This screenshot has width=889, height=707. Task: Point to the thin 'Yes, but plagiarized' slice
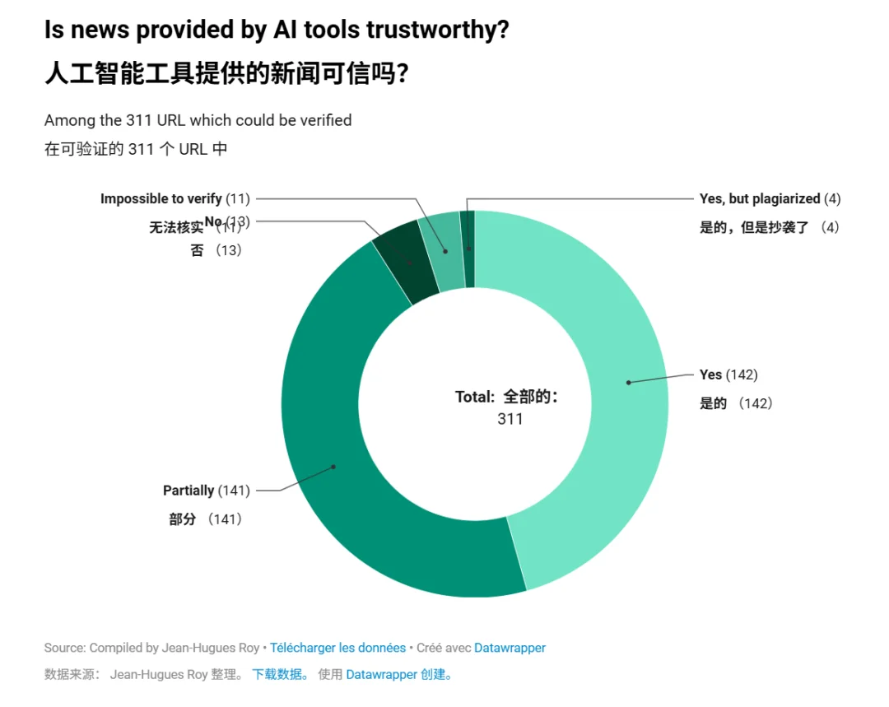468,247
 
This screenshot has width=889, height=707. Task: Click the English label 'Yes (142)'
728,374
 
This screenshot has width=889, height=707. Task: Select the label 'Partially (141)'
206,491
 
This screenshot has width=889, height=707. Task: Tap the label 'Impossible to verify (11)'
175,198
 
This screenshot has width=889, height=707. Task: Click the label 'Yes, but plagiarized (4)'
770,198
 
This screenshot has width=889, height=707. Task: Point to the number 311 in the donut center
510,419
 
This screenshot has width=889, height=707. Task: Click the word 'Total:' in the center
475,397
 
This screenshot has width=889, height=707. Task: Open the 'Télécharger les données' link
337,648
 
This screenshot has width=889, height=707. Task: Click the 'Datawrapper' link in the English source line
510,648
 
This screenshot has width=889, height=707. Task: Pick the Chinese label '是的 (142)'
736,403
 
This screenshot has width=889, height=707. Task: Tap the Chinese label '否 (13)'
216,250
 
